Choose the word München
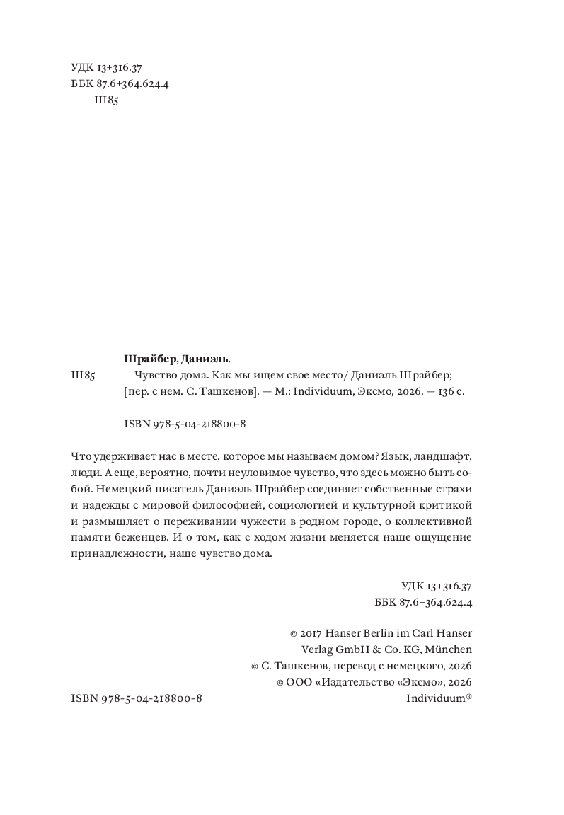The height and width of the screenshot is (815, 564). pos(449,649)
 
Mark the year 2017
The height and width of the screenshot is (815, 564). pos(306,632)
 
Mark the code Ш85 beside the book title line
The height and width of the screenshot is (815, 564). pos(84,376)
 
